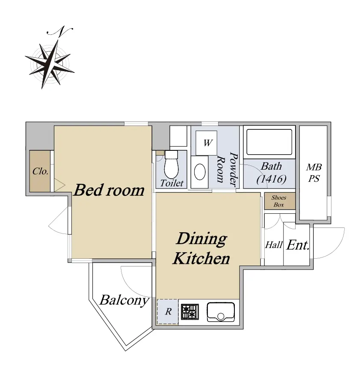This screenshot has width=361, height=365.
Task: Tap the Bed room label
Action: (x=109, y=190)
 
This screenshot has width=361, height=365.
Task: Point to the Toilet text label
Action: (x=172, y=183)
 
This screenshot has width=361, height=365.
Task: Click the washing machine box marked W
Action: (x=207, y=143)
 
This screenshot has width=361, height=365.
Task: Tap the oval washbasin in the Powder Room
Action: (x=200, y=172)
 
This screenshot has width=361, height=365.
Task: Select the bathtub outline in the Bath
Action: (x=269, y=142)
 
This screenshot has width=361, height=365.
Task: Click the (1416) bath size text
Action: (x=271, y=179)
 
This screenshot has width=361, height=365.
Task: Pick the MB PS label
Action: (x=314, y=173)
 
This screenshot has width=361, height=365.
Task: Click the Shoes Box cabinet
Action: (x=280, y=201)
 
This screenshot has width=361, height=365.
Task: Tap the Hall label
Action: (x=274, y=245)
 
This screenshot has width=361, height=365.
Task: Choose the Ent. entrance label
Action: (x=298, y=245)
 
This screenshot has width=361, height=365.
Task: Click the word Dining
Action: (x=201, y=239)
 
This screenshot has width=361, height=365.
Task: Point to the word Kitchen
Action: (x=201, y=258)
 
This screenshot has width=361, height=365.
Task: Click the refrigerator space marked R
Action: (x=168, y=312)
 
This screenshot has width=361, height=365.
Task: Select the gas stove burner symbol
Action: (x=190, y=312)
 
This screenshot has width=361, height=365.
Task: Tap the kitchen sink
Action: (x=221, y=312)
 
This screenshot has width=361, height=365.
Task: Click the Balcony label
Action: (x=124, y=300)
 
